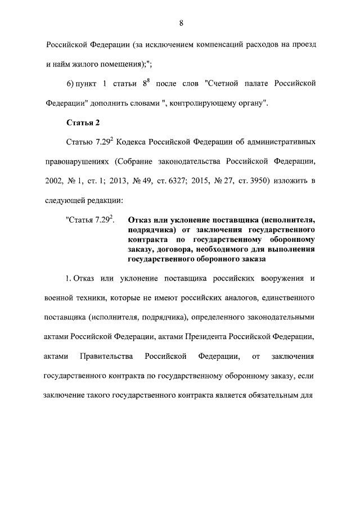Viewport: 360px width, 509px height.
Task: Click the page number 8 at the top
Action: click(181, 22)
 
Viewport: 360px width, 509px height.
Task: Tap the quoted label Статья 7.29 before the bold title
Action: click(89, 220)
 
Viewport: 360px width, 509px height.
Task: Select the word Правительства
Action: click(106, 357)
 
